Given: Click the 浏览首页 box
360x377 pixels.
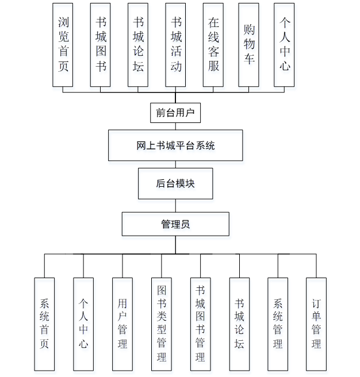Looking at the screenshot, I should (x=63, y=45).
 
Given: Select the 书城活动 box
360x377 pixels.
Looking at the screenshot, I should (x=175, y=45).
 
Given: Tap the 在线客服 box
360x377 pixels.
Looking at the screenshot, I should (x=213, y=45).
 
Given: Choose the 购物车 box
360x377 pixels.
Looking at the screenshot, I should (x=249, y=45).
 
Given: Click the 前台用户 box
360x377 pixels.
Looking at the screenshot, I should (x=176, y=113).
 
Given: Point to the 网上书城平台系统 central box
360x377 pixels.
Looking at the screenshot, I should (x=175, y=145).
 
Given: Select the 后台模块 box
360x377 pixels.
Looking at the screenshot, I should (x=175, y=183).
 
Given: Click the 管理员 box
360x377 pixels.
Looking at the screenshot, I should (x=175, y=224).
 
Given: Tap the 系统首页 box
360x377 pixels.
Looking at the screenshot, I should (x=44, y=324).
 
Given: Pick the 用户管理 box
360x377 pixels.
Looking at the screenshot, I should (x=122, y=324).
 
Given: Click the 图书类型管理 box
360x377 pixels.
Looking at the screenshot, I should (x=161, y=324).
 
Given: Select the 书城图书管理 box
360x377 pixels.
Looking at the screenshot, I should (x=200, y=324).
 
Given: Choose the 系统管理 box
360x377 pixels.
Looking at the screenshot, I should (x=278, y=324).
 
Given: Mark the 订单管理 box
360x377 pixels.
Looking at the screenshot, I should (x=316, y=324).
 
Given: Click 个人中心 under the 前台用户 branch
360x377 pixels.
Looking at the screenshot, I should (x=284, y=45).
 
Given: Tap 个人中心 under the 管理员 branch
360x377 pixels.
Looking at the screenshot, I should (x=83, y=324).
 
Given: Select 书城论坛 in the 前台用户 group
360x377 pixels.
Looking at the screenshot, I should (x=138, y=45).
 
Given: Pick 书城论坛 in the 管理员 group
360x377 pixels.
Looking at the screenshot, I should (x=239, y=324).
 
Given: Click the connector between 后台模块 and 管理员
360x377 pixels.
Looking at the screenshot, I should (x=176, y=206).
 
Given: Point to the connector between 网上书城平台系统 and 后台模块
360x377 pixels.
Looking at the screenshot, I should (x=176, y=164).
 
